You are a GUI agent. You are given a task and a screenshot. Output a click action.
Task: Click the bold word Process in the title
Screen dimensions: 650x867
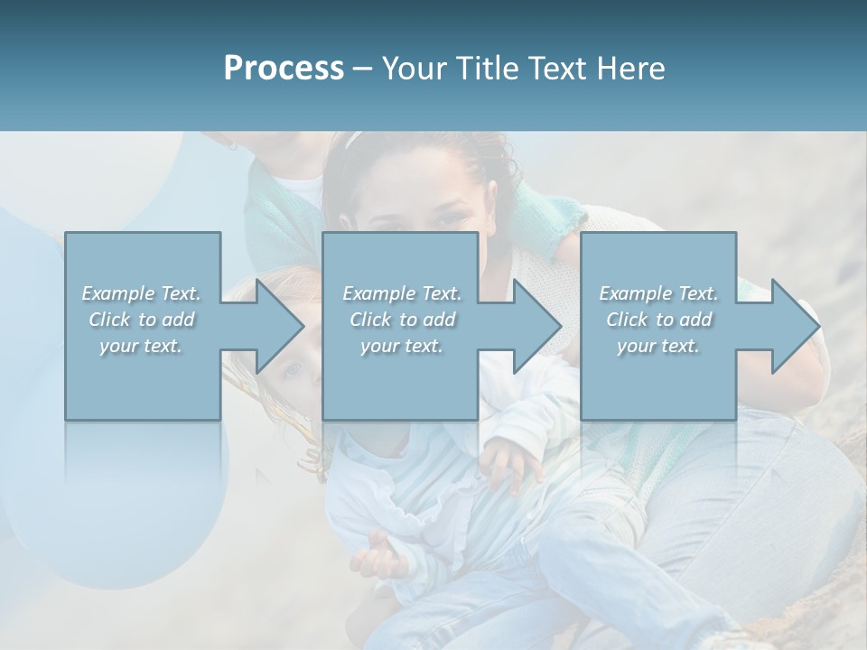[x=284, y=69]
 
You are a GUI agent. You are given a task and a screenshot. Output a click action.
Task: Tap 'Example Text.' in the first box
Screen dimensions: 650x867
[x=142, y=293]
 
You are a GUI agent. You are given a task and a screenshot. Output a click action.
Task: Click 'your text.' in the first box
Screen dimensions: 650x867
[x=142, y=346]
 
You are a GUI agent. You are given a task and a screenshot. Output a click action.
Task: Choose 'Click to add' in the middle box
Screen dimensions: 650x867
[x=402, y=320]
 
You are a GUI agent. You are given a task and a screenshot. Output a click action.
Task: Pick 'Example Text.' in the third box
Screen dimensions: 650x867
[x=658, y=293]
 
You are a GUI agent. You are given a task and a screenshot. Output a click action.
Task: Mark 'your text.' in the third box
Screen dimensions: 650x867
[x=658, y=346]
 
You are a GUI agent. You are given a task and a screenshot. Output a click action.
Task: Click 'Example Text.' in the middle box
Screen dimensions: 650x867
[x=402, y=293]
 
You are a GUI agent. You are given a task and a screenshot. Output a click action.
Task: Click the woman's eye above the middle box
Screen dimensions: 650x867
[x=449, y=220]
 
